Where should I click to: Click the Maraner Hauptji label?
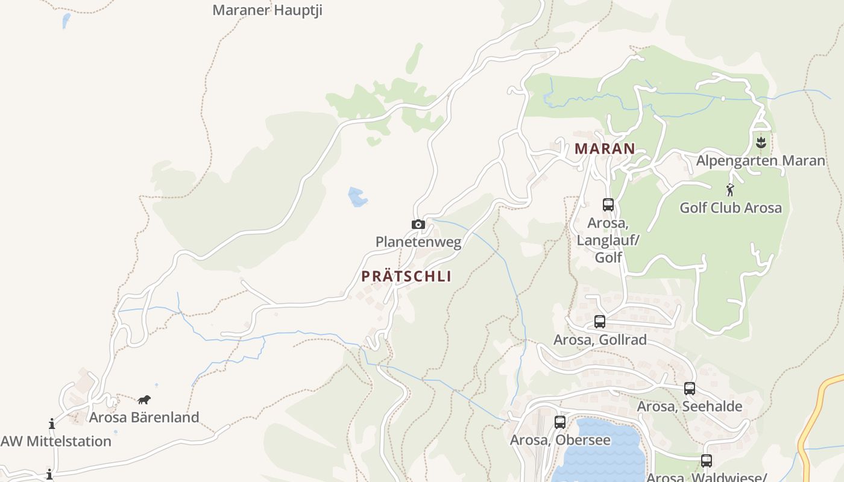pos(267,10)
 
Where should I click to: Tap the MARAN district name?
pos(605,148)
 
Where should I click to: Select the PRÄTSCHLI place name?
pos(406,277)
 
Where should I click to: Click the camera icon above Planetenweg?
pos(418,225)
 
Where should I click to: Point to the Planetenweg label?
pos(418,242)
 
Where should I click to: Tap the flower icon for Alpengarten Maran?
pos(761,142)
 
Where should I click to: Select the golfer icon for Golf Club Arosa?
pos(731,190)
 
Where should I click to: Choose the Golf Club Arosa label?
pos(731,208)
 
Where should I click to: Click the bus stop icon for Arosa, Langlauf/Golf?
pos(608,205)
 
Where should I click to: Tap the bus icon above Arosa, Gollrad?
pos(600,322)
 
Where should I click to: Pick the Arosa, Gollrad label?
pos(600,340)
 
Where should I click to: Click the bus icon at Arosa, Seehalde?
pos(690,389)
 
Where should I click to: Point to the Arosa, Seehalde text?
pos(690,407)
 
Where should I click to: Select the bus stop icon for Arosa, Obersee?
pos(560,422)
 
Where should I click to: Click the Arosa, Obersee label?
pos(560,440)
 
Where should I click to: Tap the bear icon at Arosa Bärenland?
pos(144,399)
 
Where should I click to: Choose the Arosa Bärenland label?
pos(144,417)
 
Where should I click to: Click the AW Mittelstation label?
pos(56,441)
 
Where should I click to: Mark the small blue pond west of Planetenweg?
pos(357,197)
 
